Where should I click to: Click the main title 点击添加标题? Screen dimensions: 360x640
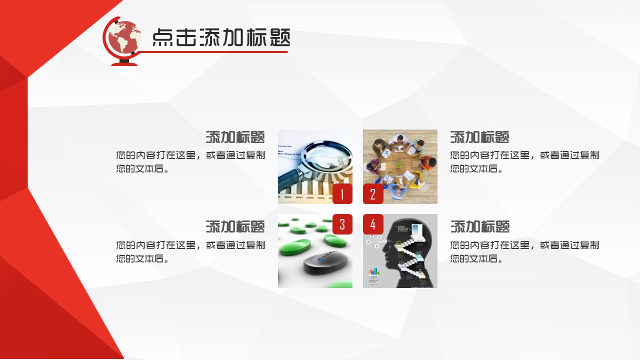click(x=220, y=37)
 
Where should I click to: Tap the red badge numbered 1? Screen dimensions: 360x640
click(x=342, y=194)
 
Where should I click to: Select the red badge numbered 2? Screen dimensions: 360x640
click(x=373, y=194)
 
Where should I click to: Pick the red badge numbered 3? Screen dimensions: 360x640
click(x=342, y=224)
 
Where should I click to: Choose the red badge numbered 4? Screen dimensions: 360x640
click(x=373, y=224)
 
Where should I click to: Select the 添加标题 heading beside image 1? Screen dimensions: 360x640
click(x=235, y=137)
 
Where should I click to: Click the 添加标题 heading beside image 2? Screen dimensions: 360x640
click(x=479, y=137)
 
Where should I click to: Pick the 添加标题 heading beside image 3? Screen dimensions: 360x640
click(x=235, y=226)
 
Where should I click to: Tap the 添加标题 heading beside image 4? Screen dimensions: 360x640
click(x=479, y=226)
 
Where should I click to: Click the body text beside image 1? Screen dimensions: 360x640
click(x=190, y=161)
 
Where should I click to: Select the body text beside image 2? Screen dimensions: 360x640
click(x=524, y=161)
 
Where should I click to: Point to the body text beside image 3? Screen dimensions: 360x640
click(x=190, y=251)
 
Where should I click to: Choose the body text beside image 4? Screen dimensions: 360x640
click(x=524, y=251)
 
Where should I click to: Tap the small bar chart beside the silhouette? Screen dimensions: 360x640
click(x=374, y=272)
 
